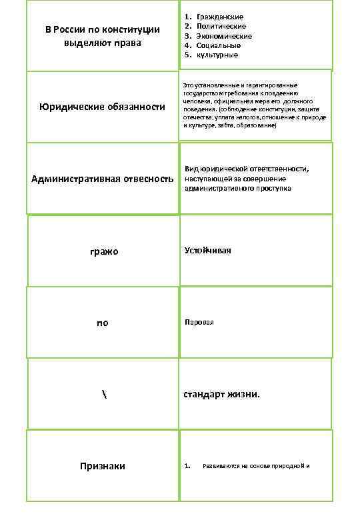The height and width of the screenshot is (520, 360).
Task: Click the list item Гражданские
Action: [220, 16]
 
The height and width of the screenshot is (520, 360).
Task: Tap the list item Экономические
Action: [223, 35]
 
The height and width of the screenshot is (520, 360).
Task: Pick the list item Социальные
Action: [218, 45]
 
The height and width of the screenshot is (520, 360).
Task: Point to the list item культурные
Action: [217, 55]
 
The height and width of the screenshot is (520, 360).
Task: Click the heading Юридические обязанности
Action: [102, 107]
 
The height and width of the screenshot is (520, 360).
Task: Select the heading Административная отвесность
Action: [103, 179]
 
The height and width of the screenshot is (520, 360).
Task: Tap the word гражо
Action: [103, 251]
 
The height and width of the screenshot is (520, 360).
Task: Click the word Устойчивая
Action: [208, 250]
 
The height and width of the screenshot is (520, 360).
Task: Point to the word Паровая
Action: [199, 322]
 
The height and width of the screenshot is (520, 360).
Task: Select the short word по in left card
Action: [102, 323]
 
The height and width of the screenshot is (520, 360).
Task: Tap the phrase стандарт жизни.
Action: [222, 394]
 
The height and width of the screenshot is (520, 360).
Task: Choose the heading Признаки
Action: [103, 466]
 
